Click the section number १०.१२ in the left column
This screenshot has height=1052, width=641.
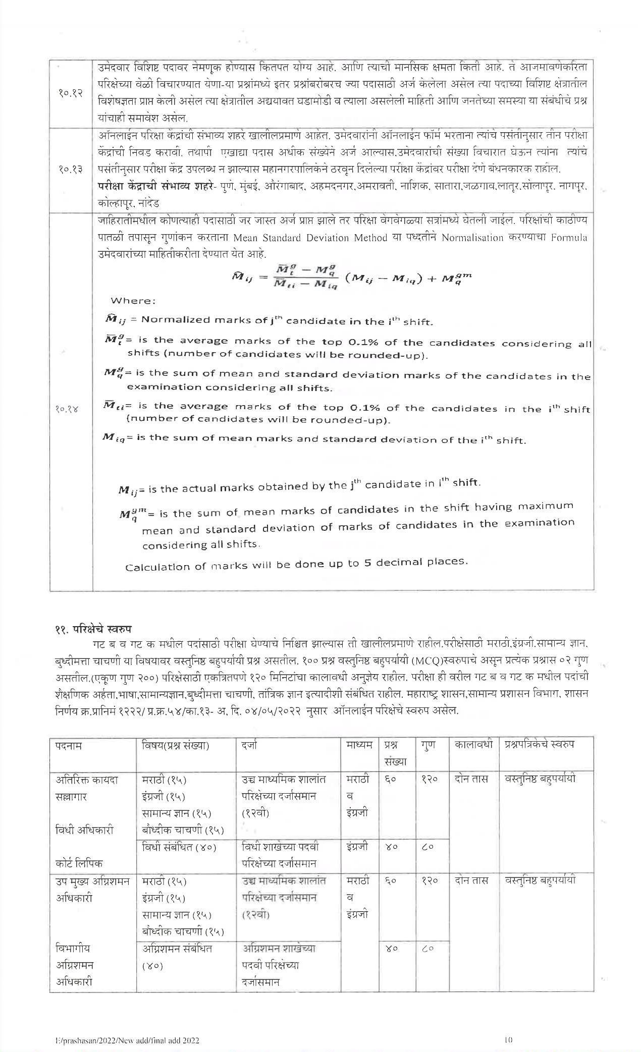(70, 93)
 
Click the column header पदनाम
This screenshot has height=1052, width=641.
(69, 745)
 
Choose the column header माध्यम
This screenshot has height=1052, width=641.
(359, 745)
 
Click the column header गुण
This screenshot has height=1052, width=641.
(428, 745)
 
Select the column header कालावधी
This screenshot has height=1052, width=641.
(473, 745)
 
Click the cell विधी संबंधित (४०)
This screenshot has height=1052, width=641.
(179, 847)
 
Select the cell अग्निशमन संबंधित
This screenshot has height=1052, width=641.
(177, 949)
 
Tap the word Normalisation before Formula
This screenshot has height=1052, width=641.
(472, 238)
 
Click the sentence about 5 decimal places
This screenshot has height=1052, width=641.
(296, 564)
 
